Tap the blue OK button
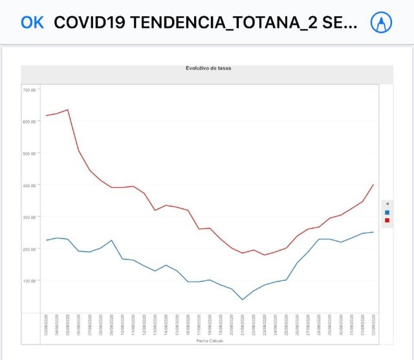click(32, 23)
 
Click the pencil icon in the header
click(381, 23)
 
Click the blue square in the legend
click(387, 212)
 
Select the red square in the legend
click(387, 220)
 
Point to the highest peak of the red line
click(67, 109)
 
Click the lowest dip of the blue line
click(243, 299)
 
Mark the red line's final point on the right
click(373, 185)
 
